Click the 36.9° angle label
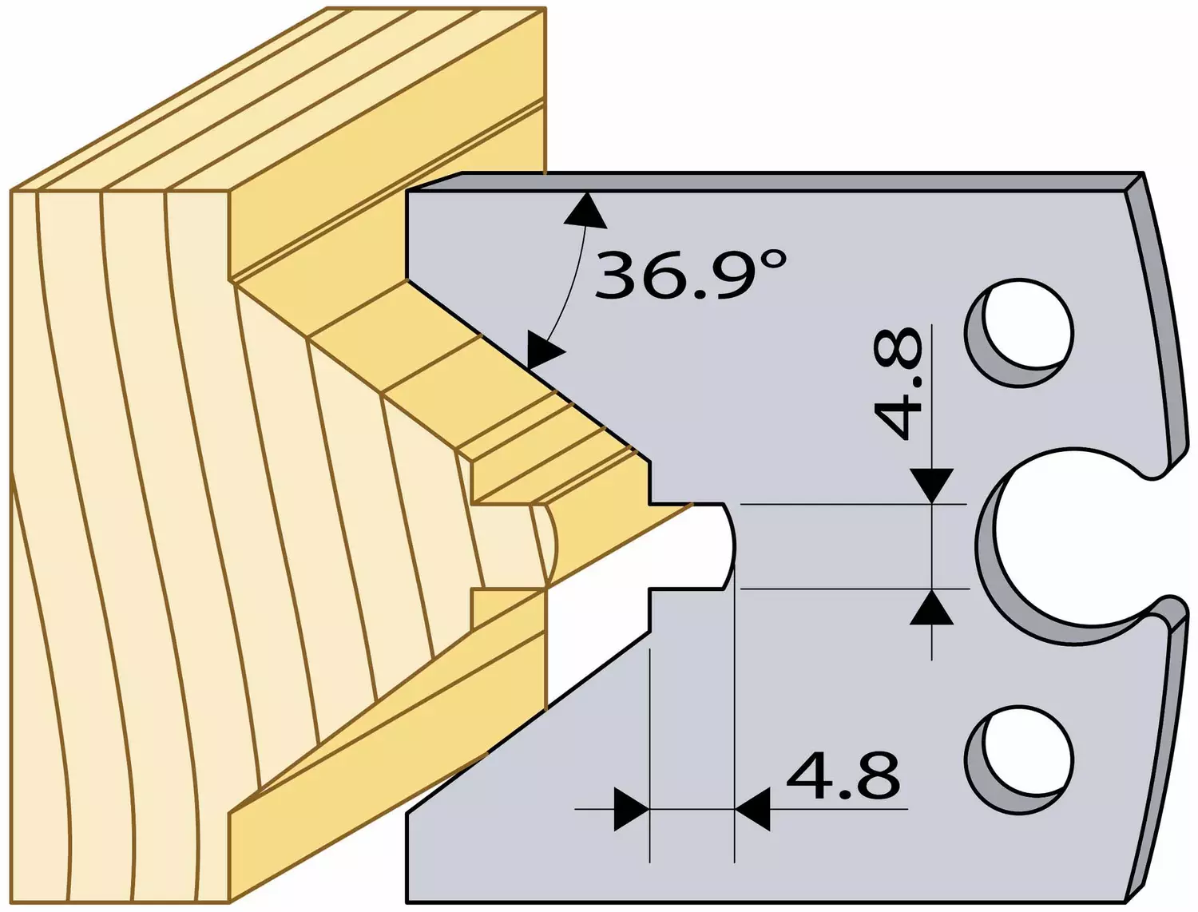(689, 275)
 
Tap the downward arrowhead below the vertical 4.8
(931, 486)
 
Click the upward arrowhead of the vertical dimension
(931, 607)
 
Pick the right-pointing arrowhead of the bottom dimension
(632, 809)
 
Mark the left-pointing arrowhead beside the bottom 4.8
(752, 809)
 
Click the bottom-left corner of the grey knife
(407, 902)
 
